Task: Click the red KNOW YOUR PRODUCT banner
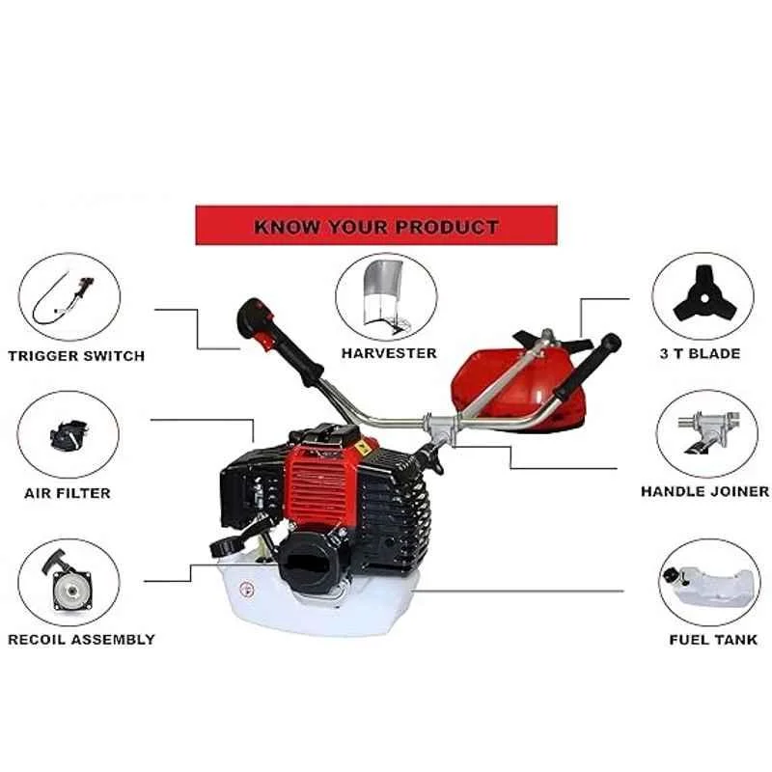tap(376, 228)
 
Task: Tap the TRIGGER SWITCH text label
tap(76, 355)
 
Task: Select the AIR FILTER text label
tap(68, 493)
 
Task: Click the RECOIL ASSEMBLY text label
tap(81, 639)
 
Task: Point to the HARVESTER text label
tap(389, 353)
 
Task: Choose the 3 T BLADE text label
tap(701, 353)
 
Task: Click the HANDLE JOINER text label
tap(705, 491)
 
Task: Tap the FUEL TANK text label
tap(713, 639)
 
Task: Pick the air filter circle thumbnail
tap(69, 435)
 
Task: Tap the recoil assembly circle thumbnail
tap(69, 583)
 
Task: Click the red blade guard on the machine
tap(512, 381)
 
